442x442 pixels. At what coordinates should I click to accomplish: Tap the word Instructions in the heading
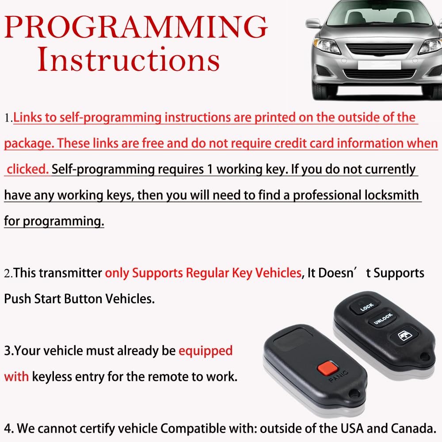pos(128,59)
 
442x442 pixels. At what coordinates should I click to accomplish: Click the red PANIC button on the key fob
pos(328,368)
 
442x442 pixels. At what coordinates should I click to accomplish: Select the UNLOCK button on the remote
pos(382,318)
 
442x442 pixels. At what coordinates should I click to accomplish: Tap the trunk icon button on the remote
pos(404,336)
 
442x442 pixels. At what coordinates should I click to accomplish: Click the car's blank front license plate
pos(379,65)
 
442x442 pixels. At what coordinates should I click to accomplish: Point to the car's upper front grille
pos(379,50)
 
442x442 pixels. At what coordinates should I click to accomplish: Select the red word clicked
pos(27,169)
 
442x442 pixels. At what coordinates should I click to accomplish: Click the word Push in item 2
pos(18,299)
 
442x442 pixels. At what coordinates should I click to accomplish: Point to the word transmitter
pos(70,273)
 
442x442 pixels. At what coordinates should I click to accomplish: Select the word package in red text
pos(29,144)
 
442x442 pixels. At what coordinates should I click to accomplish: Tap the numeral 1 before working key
pos(210,169)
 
